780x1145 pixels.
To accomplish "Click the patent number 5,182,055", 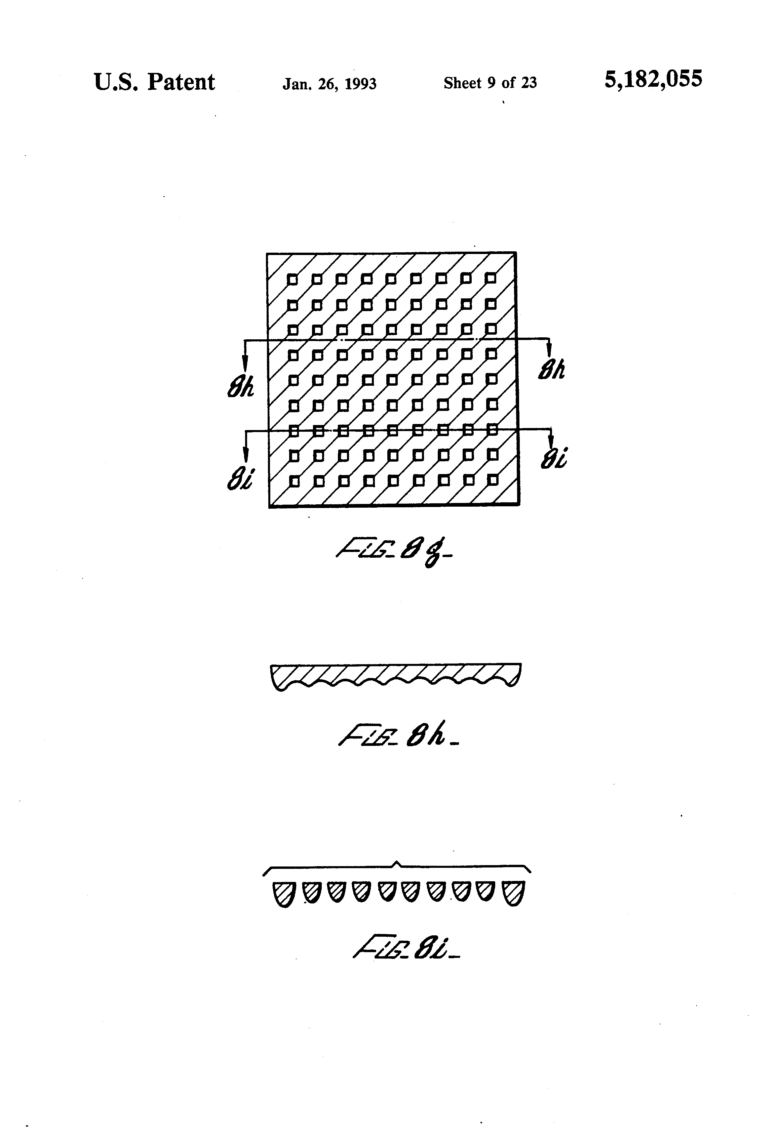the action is pyautogui.click(x=653, y=79).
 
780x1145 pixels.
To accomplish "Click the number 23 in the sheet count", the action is pyautogui.click(x=529, y=83).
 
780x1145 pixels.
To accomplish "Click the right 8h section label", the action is pyautogui.click(x=551, y=370).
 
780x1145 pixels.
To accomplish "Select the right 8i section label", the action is pyautogui.click(x=553, y=459).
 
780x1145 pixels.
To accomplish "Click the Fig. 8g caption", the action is pyautogui.click(x=393, y=553).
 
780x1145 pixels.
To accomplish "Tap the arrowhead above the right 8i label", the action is pyautogui.click(x=551, y=442).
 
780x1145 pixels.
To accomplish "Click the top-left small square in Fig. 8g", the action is pyautogui.click(x=292, y=279).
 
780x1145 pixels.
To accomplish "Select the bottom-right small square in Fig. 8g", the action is pyautogui.click(x=492, y=479).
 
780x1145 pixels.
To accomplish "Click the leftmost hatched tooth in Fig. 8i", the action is pyautogui.click(x=283, y=894).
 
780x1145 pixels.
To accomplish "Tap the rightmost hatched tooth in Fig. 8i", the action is pyautogui.click(x=513, y=893).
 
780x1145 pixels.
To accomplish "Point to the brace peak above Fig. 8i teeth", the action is pyautogui.click(x=397, y=862).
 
